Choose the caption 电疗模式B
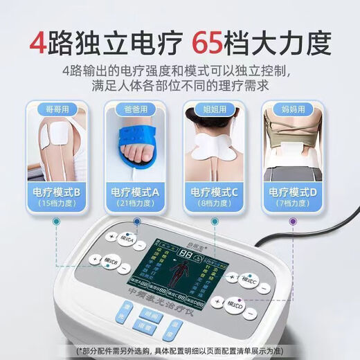tap(57, 192)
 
